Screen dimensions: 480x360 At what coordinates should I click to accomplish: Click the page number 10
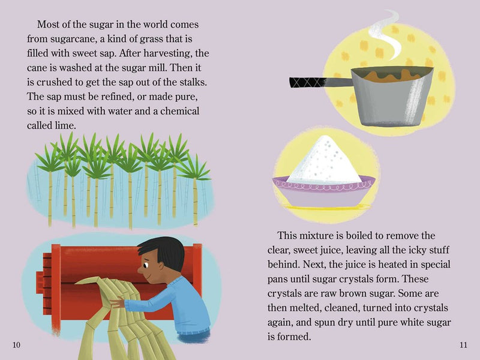pos(16,345)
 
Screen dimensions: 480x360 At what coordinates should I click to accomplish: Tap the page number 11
pos(463,345)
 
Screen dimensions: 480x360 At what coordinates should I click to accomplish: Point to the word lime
pos(64,125)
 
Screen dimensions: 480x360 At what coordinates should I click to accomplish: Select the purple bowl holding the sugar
pos(324,193)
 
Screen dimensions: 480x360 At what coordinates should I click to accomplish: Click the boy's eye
pos(145,265)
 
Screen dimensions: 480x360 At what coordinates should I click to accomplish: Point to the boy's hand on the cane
pos(117,302)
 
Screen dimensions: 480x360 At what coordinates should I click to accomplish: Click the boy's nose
pos(140,271)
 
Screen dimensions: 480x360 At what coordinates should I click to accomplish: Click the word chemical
pos(179,111)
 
